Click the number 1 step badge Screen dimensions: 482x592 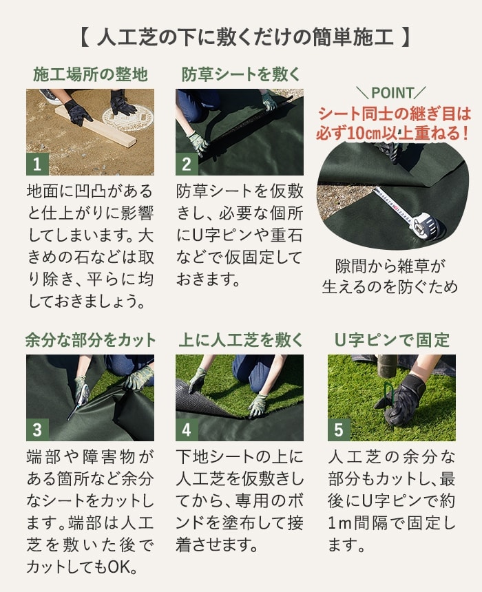[37, 165]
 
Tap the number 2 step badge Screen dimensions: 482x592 [187, 165]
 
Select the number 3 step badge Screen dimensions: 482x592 [37, 430]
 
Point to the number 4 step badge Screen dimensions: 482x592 [187, 430]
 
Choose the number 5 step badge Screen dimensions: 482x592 [339, 430]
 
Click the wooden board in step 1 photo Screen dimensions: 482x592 [95, 127]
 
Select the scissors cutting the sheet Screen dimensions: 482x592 [78, 402]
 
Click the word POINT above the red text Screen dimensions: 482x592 [393, 93]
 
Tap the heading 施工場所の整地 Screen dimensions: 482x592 [90, 74]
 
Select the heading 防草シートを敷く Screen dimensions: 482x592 [240, 74]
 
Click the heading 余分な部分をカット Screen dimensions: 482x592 [90, 340]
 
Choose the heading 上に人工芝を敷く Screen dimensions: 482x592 [240, 340]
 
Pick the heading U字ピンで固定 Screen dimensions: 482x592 [392, 340]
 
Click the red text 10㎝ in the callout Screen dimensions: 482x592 [363, 134]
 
